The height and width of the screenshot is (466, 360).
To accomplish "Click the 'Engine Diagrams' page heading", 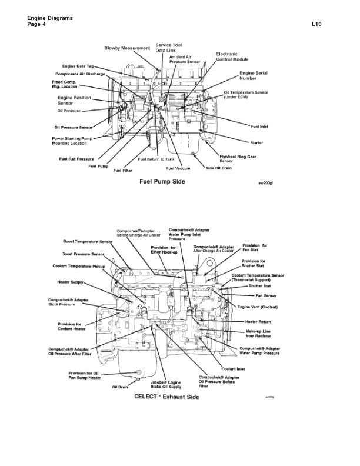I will tap(50, 19).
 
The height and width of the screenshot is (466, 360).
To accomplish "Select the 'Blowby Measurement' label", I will tap(127, 48).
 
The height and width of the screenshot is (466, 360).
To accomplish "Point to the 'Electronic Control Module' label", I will tap(232, 56).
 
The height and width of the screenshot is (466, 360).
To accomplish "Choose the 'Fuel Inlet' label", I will tap(259, 126).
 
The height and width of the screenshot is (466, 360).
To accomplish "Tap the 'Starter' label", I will tap(256, 142).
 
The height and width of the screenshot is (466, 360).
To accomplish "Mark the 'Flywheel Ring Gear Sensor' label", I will tap(237, 158).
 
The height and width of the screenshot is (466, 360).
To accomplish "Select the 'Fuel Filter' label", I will tap(122, 171).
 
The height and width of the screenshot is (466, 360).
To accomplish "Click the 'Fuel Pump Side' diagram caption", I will tap(162, 181).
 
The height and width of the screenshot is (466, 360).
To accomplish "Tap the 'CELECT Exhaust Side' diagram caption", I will tap(166, 397).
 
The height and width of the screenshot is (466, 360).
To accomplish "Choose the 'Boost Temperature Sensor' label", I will tap(88, 242).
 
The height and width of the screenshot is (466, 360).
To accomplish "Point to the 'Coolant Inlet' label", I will tap(249, 369).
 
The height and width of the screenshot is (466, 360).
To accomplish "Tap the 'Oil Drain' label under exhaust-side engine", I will tap(120, 387).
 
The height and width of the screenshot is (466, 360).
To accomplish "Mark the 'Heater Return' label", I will tap(258, 322).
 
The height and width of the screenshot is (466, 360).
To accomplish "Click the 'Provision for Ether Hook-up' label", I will tap(168, 251).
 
